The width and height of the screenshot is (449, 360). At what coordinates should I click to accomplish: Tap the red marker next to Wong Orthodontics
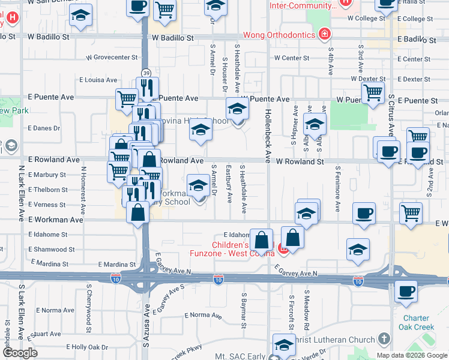tap(325, 34)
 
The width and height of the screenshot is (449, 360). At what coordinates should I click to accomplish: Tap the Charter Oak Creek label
tap(415, 323)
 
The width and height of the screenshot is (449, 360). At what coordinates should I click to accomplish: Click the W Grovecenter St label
tap(112, 58)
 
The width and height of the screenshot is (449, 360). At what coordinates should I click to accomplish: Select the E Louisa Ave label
tap(98, 80)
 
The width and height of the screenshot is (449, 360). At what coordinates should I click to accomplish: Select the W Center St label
tap(291, 58)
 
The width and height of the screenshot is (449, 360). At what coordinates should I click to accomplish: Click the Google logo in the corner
tap(20, 353)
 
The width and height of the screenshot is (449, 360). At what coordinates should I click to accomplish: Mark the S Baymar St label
tap(244, 310)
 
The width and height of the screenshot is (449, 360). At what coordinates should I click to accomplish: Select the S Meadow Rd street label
tap(306, 310)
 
